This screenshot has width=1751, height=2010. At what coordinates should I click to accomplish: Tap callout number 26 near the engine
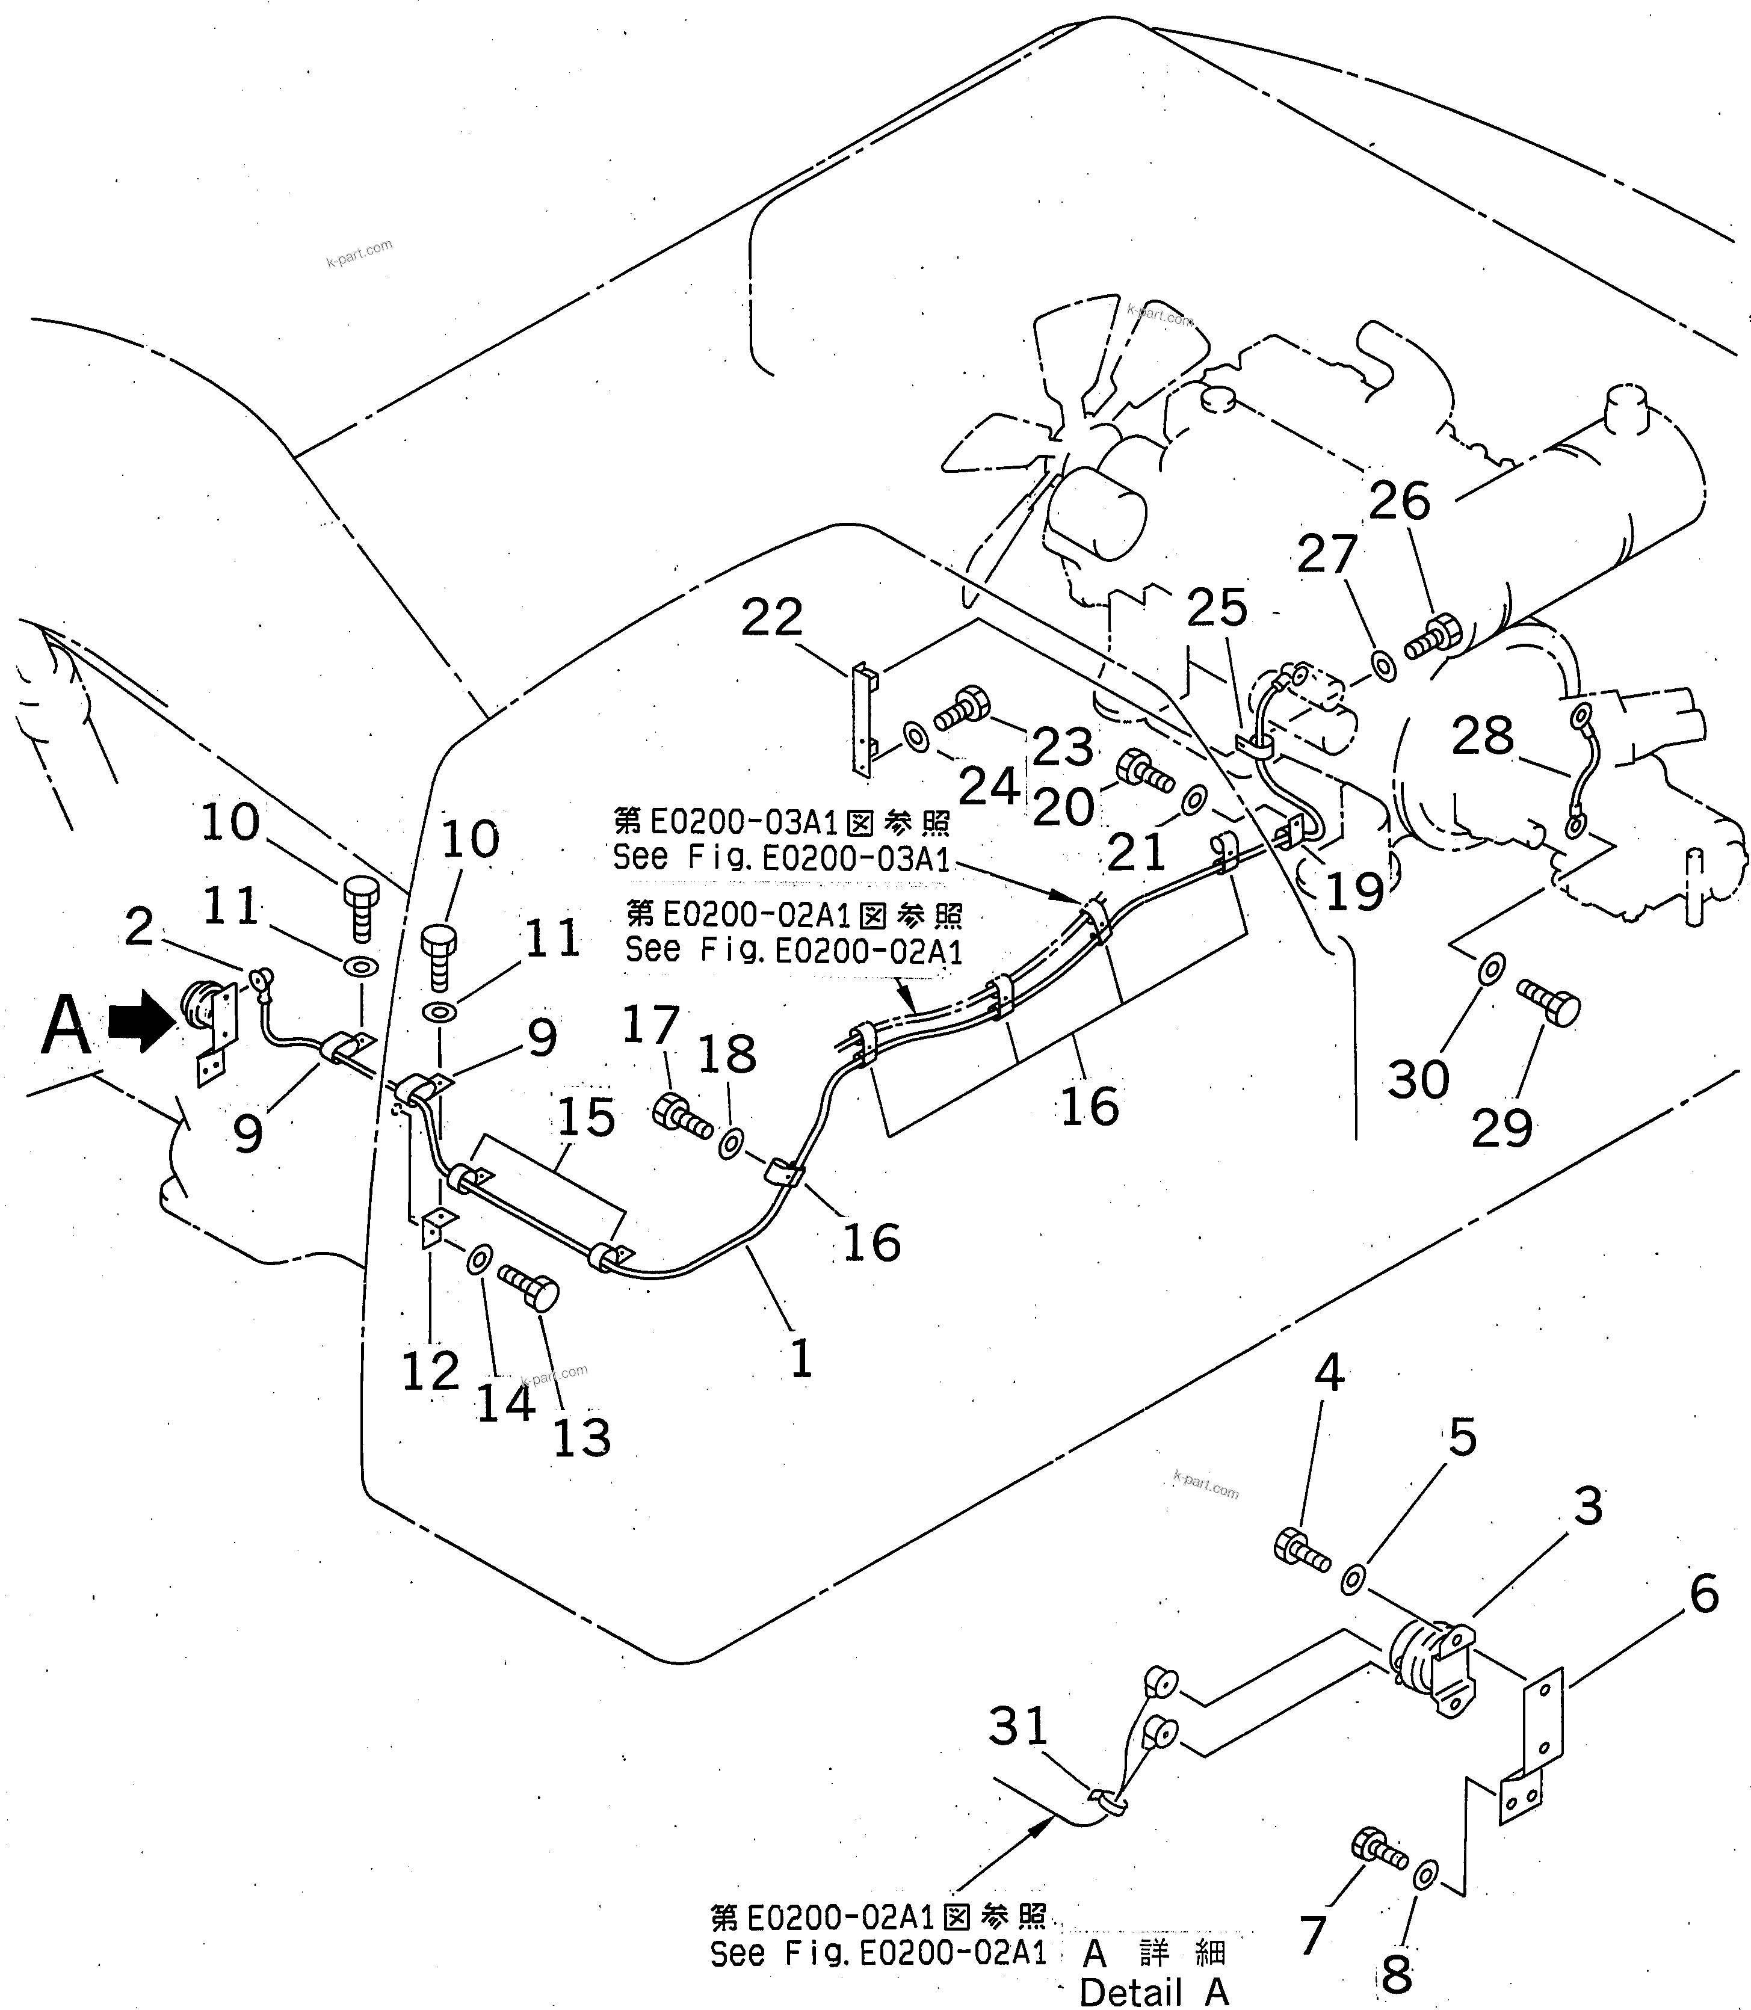(1399, 501)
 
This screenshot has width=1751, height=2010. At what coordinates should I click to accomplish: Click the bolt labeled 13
(531, 1286)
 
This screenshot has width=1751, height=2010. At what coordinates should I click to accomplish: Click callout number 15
(586, 1117)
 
